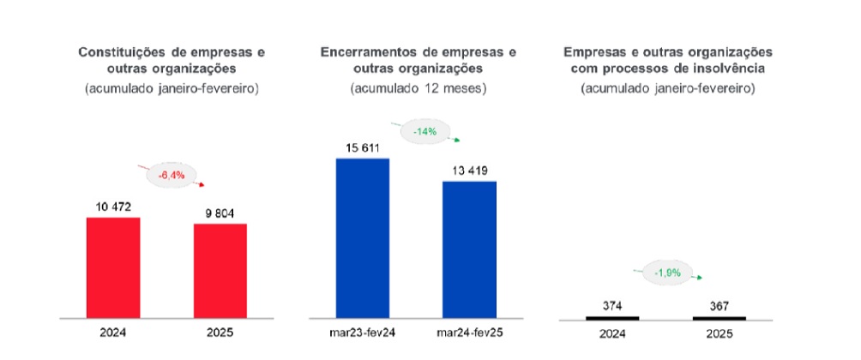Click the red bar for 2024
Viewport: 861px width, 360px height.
113,267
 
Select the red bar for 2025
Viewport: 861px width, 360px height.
220,271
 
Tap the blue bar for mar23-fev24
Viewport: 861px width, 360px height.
362,238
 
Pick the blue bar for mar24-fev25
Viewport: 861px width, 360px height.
469,249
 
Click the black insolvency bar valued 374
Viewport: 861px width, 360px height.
612,318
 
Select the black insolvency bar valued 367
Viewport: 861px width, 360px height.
719,318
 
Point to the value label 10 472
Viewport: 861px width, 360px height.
113,207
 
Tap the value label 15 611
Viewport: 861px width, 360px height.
362,147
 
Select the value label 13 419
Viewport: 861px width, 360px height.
469,170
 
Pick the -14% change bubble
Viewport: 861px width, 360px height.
424,132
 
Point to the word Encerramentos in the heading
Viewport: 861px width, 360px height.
370,51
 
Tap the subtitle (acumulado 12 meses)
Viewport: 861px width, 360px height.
418,87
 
